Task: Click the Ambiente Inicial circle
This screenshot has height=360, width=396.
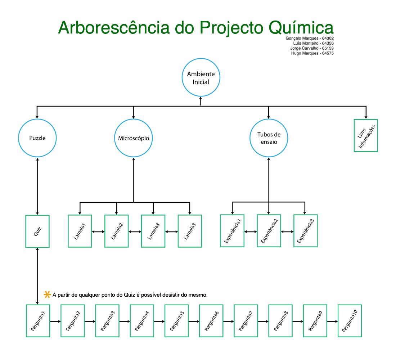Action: pos(201,78)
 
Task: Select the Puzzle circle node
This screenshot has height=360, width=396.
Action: pos(37,138)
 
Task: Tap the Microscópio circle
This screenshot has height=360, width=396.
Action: pos(134,138)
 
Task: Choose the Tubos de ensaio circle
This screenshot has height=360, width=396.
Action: pos(269,138)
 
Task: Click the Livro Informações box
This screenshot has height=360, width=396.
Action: pos(366,135)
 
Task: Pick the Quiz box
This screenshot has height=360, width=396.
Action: pos(37,231)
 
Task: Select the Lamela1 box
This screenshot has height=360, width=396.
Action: pos(80,231)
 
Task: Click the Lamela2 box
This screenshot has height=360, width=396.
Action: pos(116,231)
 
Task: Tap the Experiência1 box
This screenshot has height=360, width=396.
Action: pos(232,231)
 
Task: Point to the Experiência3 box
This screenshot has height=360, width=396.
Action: pos(305,231)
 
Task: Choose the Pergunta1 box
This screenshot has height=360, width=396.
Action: pos(38,321)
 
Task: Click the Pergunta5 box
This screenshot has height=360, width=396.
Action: pos(176,321)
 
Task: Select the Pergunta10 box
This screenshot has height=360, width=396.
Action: pos(350,321)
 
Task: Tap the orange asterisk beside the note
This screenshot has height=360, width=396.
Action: pos(47,294)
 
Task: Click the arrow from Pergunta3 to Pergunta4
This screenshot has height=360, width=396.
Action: pos(124,321)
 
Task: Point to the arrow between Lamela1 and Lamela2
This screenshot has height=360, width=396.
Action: pos(98,232)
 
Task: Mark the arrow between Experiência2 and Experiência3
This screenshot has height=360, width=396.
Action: pos(287,232)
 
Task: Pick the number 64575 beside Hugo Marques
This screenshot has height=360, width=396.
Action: pos(328,53)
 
